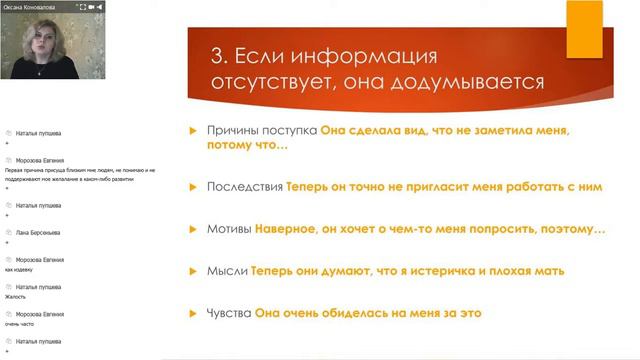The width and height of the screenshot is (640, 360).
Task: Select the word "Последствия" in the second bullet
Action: [244, 186]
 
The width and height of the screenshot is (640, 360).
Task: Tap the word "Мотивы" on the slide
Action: [229, 229]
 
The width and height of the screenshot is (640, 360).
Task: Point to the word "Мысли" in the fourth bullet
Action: [226, 270]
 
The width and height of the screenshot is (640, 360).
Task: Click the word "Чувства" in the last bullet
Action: [230, 313]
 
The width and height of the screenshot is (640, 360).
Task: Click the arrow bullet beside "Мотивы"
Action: [194, 229]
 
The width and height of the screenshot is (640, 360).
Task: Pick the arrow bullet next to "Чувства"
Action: [194, 313]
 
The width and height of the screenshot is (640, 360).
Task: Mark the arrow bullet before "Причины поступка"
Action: [194, 131]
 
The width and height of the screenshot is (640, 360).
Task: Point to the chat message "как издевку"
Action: [20, 270]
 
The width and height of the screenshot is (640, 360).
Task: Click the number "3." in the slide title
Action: [221, 55]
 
